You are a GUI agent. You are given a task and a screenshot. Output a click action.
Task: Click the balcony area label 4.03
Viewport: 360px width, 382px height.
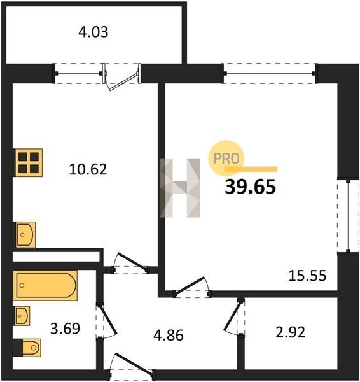93,32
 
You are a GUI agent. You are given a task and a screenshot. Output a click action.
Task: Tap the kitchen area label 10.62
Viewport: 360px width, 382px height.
88,169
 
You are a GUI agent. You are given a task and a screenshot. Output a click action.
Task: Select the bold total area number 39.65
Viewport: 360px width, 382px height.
250,187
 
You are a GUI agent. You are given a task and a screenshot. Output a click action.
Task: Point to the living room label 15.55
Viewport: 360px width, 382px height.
307,276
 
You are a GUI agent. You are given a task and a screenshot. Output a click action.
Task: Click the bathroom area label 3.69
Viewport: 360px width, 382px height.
65,328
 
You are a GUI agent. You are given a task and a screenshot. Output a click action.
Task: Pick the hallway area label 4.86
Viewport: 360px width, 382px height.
169,335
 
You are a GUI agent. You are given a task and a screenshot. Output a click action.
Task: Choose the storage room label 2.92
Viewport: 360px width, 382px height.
291,332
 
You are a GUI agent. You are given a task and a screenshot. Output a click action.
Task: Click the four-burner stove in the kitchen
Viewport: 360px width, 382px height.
29,163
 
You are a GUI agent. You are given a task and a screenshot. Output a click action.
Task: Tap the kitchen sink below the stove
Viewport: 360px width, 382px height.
25,234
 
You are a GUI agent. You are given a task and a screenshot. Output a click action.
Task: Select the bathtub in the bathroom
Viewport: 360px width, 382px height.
46,285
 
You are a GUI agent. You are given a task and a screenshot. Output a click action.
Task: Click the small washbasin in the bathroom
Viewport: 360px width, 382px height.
22,316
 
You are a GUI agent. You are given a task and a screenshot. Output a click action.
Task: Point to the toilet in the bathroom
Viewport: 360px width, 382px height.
31,348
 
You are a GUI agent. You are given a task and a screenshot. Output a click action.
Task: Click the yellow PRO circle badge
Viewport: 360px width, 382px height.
226,158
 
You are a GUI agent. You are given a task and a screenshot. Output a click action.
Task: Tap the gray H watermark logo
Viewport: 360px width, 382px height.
179,188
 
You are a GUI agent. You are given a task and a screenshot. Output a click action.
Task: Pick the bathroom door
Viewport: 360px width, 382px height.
106,321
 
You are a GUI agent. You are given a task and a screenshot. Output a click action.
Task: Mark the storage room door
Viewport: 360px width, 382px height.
234,317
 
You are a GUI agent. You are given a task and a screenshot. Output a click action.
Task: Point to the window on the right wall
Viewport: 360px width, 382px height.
349,216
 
